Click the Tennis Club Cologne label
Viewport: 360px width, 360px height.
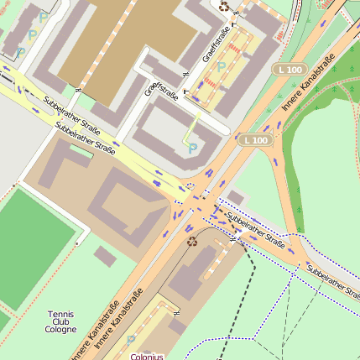point(60,321)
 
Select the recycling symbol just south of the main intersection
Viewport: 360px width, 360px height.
point(192,242)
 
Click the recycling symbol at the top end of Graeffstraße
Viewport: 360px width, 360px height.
point(224,6)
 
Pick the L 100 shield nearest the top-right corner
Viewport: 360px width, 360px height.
point(290,69)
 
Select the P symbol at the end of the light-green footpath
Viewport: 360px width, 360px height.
point(192,149)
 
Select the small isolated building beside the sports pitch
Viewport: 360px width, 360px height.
point(105,256)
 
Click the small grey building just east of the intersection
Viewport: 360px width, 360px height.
point(236,198)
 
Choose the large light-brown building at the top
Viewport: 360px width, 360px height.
point(126,42)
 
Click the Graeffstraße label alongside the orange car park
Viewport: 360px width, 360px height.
point(216,44)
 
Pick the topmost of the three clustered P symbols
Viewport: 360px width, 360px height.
point(44,17)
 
